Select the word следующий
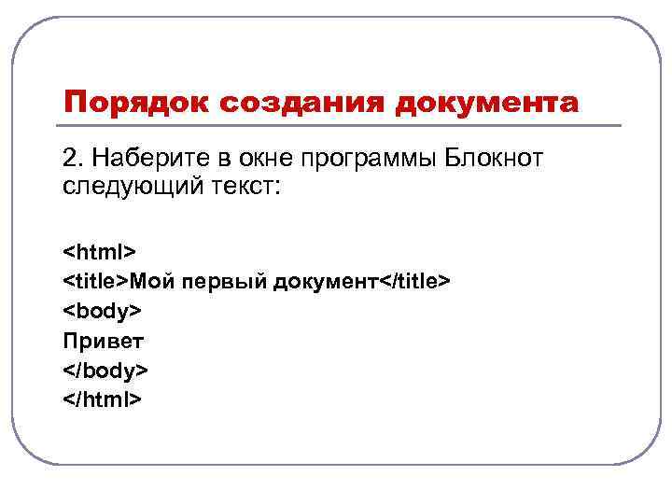118,186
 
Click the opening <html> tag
100,252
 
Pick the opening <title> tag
95,282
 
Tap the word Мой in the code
149,282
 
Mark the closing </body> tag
105,371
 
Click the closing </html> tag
103,400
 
